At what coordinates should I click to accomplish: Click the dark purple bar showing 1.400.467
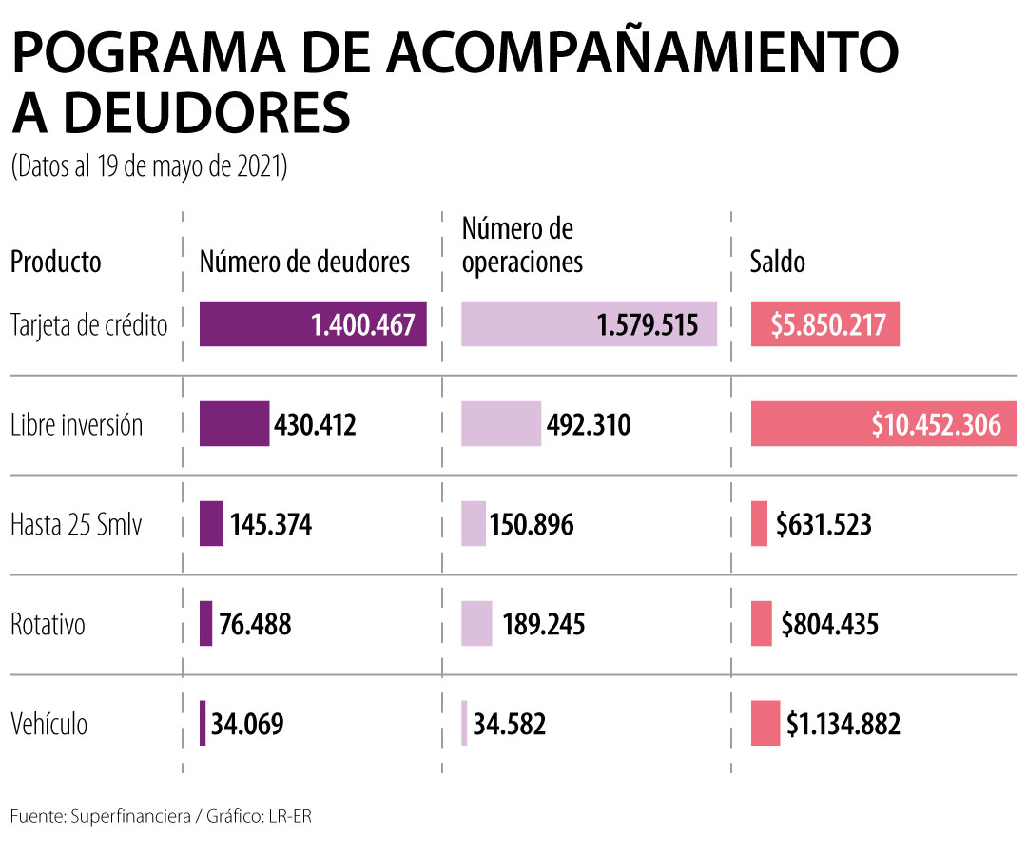pyautogui.click(x=313, y=324)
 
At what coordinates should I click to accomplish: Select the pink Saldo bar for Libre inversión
pyautogui.click(x=883, y=424)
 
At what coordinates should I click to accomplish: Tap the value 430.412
pyautogui.click(x=315, y=425)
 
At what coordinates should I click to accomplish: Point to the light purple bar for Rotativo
pyautogui.click(x=476, y=623)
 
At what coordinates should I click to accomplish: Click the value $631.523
pyautogui.click(x=824, y=524)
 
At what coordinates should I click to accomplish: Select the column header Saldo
pyautogui.click(x=777, y=262)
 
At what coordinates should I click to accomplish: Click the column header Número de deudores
pyautogui.click(x=304, y=262)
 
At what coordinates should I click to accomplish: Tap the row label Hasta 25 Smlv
pyautogui.click(x=75, y=524)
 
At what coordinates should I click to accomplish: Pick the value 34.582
pyautogui.click(x=510, y=724)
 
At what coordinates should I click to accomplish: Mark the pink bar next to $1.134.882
pyautogui.click(x=765, y=723)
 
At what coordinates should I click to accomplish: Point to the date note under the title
pyautogui.click(x=150, y=167)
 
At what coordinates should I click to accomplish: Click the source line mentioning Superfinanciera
pyautogui.click(x=161, y=818)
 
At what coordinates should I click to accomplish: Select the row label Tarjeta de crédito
pyautogui.click(x=88, y=325)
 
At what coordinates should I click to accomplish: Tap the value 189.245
pyautogui.click(x=544, y=624)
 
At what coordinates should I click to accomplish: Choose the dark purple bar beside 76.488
pyautogui.click(x=205, y=623)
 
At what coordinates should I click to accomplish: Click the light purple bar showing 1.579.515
pyautogui.click(x=589, y=324)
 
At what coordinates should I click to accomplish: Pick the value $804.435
pyautogui.click(x=830, y=624)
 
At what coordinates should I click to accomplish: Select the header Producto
pyautogui.click(x=55, y=262)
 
